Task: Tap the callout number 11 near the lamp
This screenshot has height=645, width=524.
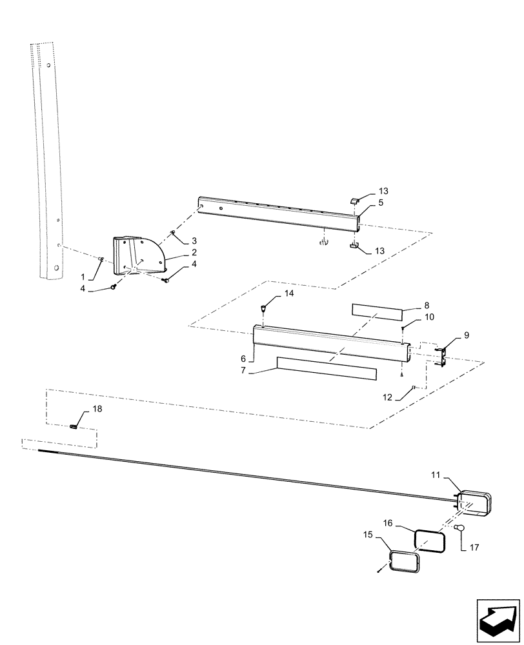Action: pyautogui.click(x=436, y=475)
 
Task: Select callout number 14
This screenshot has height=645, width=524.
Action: pyautogui.click(x=288, y=293)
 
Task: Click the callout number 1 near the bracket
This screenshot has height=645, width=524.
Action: pyautogui.click(x=82, y=276)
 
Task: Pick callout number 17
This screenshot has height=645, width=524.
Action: pyautogui.click(x=475, y=549)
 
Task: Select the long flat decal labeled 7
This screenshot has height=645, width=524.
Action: pyautogui.click(x=326, y=368)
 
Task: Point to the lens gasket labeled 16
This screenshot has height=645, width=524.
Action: pyautogui.click(x=429, y=541)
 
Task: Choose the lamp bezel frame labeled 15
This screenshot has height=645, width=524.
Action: pyautogui.click(x=405, y=561)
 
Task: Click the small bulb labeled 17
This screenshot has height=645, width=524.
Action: pyautogui.click(x=459, y=528)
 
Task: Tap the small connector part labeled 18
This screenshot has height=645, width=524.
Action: pyautogui.click(x=74, y=426)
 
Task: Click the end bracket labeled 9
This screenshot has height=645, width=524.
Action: pyautogui.click(x=441, y=356)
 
